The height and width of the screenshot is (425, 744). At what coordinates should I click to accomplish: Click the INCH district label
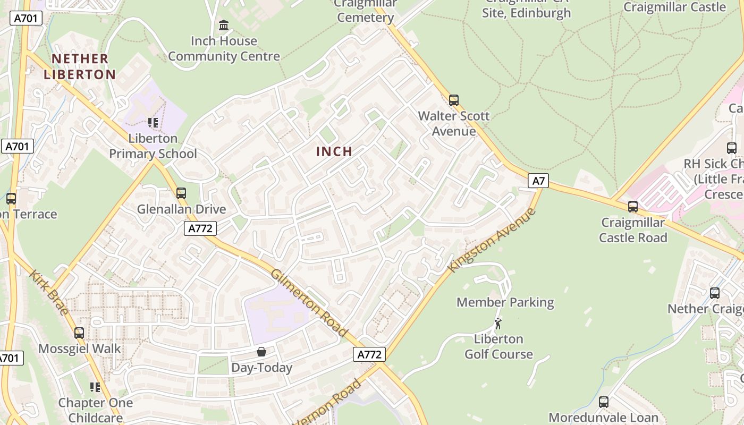click(x=334, y=151)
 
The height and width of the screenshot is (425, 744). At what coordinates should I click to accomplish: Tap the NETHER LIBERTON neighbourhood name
click(x=80, y=66)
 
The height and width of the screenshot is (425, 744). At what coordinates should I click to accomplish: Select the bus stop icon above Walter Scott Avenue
click(x=454, y=100)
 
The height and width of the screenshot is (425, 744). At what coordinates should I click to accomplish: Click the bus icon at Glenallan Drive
click(x=181, y=193)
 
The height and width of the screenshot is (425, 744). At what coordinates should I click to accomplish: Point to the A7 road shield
click(x=539, y=181)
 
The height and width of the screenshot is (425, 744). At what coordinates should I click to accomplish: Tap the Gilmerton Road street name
click(x=309, y=303)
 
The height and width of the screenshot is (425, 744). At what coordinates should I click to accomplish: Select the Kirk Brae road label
click(x=48, y=292)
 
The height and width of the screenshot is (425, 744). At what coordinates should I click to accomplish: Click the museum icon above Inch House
click(x=224, y=25)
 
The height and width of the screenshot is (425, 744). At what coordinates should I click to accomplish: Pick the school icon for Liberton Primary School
click(x=153, y=123)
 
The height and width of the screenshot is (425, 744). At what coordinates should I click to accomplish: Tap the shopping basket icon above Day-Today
click(x=261, y=352)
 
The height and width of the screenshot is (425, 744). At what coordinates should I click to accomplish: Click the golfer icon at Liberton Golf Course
click(x=498, y=324)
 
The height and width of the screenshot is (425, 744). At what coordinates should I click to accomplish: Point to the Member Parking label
click(x=505, y=302)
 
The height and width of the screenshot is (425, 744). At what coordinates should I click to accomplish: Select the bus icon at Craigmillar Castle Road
click(x=632, y=206)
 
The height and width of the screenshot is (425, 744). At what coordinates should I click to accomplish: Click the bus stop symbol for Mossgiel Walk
click(x=79, y=333)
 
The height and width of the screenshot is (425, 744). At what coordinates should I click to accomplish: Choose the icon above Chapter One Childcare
click(x=95, y=387)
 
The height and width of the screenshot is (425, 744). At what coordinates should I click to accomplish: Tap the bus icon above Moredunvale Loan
click(x=603, y=402)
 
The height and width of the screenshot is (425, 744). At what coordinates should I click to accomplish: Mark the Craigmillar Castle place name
click(x=674, y=7)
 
